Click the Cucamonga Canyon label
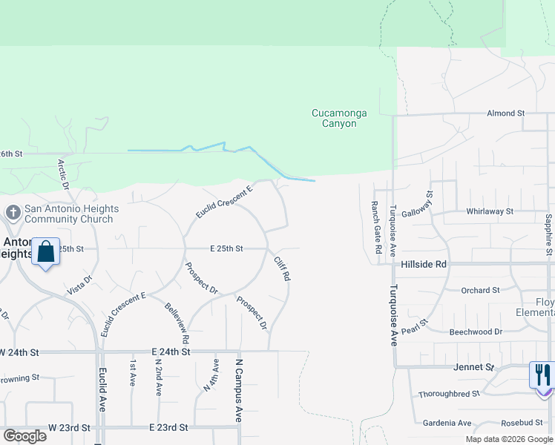coord(334,118)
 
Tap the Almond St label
coord(505,113)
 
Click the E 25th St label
coord(226,249)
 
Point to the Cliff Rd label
coord(281,268)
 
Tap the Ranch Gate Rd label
coord(376,221)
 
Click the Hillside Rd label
coord(425,264)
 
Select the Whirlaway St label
coord(490,211)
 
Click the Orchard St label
coord(481,291)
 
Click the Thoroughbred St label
coord(448,395)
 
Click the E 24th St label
coord(171,351)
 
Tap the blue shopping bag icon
coord(46,252)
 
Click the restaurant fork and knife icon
coord(542,375)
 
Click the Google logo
coord(25,435)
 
